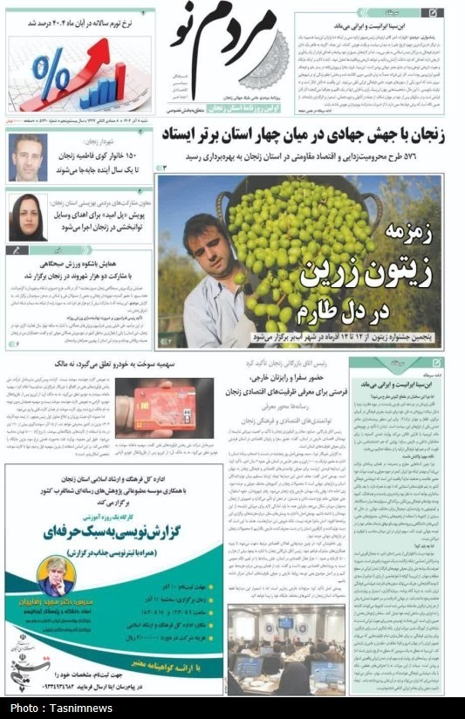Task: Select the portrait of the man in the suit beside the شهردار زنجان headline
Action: (x=28, y=158)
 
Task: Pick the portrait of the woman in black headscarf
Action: (x=27, y=216)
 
